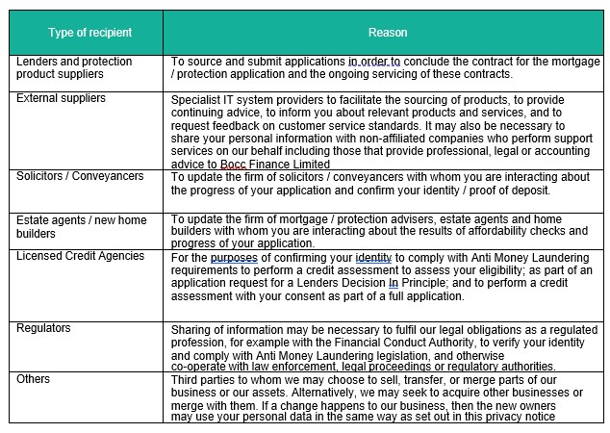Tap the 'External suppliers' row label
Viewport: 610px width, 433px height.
click(62, 98)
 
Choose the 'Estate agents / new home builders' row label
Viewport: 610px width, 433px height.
click(81, 226)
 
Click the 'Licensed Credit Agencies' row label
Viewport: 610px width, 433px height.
click(81, 256)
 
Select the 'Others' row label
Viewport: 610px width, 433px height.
click(33, 379)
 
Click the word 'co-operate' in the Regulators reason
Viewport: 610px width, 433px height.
click(198, 367)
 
